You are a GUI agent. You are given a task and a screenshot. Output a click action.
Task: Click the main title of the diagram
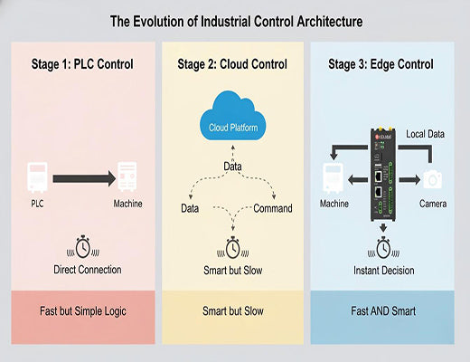(234, 19)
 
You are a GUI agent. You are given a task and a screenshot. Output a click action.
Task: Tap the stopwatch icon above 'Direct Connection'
(82, 246)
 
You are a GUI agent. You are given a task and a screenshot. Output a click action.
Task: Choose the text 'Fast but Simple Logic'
(80, 310)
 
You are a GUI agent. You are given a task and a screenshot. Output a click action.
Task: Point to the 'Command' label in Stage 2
(272, 208)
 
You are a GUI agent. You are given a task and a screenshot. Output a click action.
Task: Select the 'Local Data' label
(427, 133)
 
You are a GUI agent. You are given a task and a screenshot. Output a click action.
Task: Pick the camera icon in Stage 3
(432, 178)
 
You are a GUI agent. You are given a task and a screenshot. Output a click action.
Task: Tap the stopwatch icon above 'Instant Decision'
(384, 247)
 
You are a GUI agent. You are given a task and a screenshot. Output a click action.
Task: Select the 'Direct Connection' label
(82, 270)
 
